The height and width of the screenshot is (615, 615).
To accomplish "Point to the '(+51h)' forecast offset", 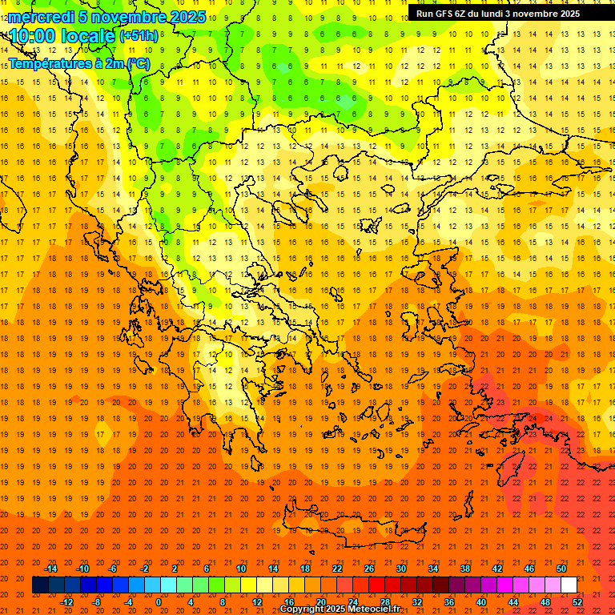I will click(139, 36).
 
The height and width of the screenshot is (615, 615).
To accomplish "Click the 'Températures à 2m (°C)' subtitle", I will click(78, 64).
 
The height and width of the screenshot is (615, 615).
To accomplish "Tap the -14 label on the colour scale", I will click(51, 569).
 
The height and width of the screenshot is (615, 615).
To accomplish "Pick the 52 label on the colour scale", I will click(577, 601).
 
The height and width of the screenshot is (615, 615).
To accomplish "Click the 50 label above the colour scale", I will click(561, 569).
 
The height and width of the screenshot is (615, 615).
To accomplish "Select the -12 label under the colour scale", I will click(67, 601).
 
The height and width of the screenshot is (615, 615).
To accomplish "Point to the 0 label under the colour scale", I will click(159, 601).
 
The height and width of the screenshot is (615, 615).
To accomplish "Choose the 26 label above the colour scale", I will click(369, 569).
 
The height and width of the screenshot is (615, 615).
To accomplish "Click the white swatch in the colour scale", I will click(569, 585).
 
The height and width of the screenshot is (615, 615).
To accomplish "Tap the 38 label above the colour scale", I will click(465, 569).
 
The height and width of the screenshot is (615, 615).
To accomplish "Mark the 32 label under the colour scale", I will click(417, 601).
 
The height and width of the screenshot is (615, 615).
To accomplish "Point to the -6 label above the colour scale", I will click(114, 569).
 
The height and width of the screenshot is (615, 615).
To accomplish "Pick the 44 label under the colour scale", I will click(513, 601).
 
